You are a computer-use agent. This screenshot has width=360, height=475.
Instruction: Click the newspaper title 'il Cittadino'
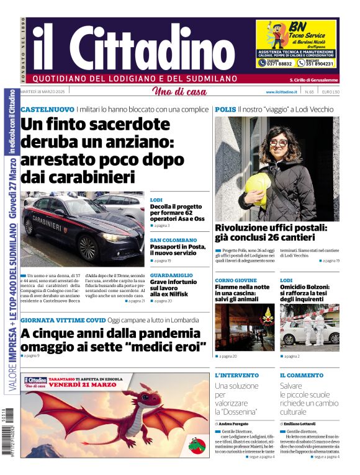[x=124, y=48]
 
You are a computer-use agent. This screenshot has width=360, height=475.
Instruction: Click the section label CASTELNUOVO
[x=47, y=109]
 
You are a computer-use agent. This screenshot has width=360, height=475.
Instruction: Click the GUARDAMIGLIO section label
[x=171, y=275]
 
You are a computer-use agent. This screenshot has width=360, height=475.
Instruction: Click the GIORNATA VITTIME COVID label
[x=63, y=320]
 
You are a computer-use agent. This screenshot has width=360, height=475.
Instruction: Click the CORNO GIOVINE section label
[x=236, y=280]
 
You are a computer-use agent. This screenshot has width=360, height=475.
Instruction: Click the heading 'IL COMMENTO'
[x=301, y=375]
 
